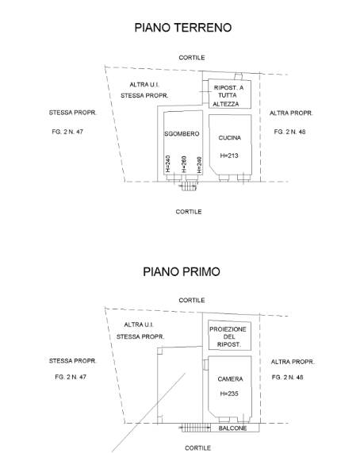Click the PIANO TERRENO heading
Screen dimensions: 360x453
pos(183,28)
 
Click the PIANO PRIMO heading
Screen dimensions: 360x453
pos(182,272)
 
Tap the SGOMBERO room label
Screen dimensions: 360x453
pos(182,134)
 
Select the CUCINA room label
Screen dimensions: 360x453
pos(230,138)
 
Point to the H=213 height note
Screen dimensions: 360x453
pos(229,155)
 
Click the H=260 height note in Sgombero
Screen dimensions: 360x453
pos(184,164)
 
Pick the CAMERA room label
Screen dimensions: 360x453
pos(231,378)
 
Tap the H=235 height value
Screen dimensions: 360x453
pos(229,393)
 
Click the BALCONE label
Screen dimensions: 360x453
pos(232,428)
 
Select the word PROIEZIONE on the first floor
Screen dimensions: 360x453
pos(228,329)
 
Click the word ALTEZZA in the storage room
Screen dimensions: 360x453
pos(226,104)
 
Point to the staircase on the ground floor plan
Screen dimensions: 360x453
pos(189,186)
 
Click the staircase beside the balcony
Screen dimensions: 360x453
pos(196,428)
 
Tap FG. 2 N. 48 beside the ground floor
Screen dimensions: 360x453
pos(290,132)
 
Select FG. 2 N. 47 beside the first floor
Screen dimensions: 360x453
pos(71,377)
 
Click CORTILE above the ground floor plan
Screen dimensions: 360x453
pos(192,57)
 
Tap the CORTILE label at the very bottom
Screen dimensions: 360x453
pos(197,447)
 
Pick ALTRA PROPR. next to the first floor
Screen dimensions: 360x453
pos(293,362)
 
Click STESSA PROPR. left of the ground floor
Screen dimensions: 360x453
pos(73,113)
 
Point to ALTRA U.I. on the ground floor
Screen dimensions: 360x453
pos(144,85)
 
